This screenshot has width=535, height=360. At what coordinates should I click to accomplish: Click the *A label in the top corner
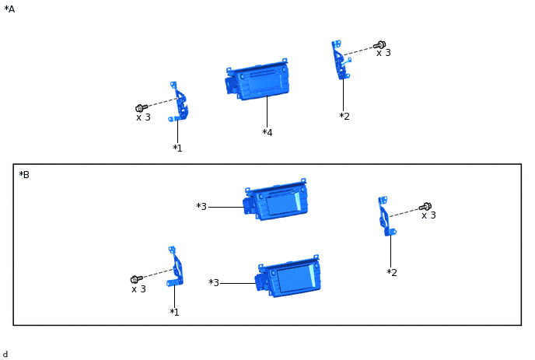point(9,9)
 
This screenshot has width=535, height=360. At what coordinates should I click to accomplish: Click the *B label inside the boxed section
point(24,175)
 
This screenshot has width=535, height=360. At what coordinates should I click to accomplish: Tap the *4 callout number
point(267,132)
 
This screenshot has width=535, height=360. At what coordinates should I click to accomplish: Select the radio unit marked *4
point(257,80)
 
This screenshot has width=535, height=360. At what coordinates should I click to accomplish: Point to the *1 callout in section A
point(177,148)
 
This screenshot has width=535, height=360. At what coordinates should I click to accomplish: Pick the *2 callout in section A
point(344,117)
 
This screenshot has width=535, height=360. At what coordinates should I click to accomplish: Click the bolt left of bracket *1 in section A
point(142,108)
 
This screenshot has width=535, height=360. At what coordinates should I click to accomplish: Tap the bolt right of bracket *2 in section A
point(379,44)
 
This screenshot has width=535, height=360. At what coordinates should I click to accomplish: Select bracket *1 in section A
point(179,102)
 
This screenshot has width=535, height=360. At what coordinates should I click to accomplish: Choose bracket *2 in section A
point(341,60)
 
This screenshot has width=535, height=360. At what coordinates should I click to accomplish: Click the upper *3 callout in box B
point(201,207)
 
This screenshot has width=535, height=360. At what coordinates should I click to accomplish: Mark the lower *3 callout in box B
point(214,282)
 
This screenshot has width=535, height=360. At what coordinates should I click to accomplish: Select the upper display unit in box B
point(275,200)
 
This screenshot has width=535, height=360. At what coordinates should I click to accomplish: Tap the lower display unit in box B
point(288,276)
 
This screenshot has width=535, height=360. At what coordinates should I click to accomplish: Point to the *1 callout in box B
point(174,312)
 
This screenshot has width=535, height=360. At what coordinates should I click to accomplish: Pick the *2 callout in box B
point(392,273)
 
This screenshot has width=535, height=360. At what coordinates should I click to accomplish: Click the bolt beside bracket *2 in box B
point(425,207)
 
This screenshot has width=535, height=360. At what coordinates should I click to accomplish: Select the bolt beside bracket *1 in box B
point(137,279)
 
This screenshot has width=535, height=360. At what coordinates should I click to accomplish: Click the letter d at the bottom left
point(5,355)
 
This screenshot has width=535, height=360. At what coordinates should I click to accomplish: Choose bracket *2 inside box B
point(386,216)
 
